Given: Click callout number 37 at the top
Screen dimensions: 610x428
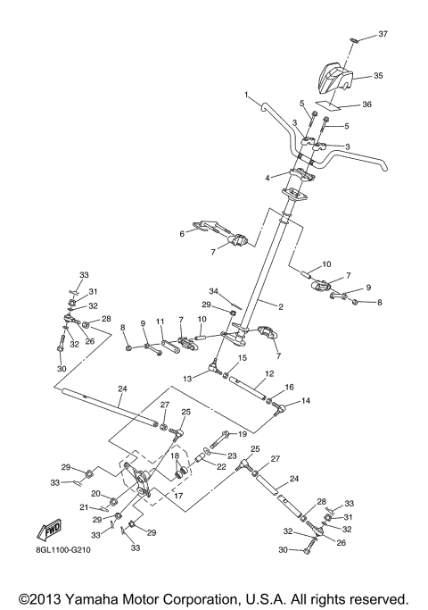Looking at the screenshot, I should click(x=383, y=34).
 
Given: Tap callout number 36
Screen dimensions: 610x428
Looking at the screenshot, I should click(x=366, y=104).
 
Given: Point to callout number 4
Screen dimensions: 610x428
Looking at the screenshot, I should click(x=267, y=178).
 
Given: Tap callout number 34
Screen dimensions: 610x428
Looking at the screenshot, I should click(x=213, y=291).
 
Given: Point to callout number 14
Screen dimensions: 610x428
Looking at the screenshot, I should click(x=308, y=402).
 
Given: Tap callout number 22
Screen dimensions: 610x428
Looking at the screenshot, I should click(x=222, y=466).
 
